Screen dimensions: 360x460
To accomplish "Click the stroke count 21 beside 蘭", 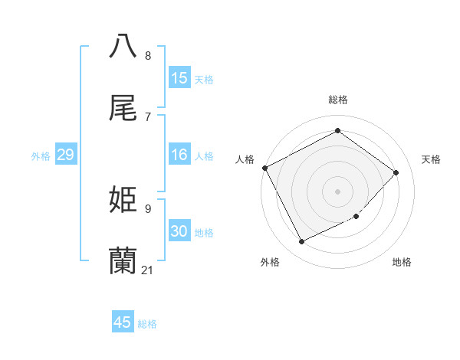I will click(x=148, y=270).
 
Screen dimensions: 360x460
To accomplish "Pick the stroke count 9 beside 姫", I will click(x=148, y=208).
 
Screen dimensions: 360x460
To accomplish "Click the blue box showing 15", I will click(x=179, y=78).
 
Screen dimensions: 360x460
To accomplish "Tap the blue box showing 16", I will click(x=179, y=155).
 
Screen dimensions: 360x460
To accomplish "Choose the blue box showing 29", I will click(x=66, y=155).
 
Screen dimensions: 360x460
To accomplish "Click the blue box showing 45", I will click(x=123, y=322).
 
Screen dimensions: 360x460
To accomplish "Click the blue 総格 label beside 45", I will click(x=147, y=324).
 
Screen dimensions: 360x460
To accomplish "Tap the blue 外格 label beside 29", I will click(x=41, y=156).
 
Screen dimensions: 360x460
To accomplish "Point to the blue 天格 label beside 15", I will click(x=204, y=79).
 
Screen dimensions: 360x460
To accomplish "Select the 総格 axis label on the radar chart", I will click(x=338, y=100).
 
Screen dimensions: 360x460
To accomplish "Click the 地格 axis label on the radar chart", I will click(x=402, y=263).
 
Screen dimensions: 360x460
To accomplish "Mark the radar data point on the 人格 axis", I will click(x=264, y=168).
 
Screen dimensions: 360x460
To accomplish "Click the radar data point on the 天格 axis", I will click(x=396, y=172).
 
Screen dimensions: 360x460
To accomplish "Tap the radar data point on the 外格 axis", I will click(x=301, y=242).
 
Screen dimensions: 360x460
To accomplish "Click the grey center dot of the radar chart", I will click(x=338, y=191).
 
